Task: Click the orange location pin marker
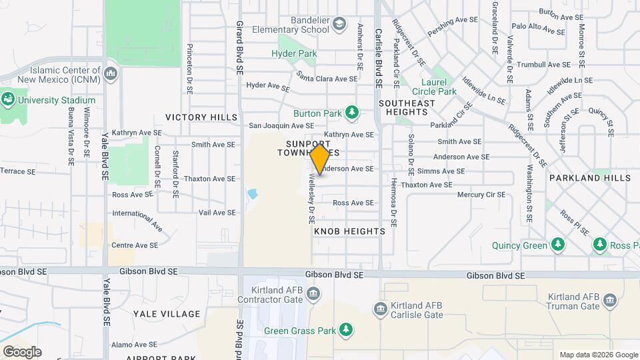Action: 320,159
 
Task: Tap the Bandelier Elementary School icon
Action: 340,25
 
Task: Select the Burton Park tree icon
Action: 351,113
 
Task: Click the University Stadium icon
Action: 8,100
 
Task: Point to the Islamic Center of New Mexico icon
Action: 111,71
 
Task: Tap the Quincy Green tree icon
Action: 558,245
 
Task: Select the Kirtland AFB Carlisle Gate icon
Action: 380,309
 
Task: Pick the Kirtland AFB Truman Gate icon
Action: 609,301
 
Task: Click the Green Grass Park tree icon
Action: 346,329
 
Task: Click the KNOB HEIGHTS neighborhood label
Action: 349,231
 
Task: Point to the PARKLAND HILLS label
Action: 589,178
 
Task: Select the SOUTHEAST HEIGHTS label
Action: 407,107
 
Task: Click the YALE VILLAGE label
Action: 167,314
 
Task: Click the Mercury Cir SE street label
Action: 481,195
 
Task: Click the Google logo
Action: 22,352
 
